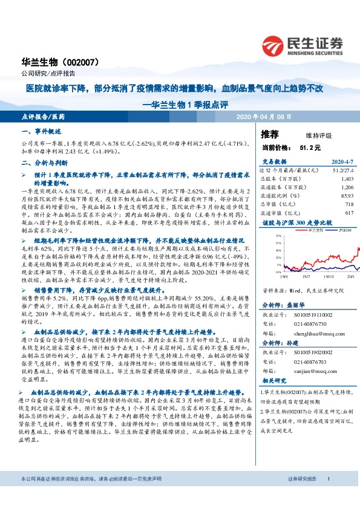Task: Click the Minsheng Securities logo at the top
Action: pos(302,44)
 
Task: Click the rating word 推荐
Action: pos(269,134)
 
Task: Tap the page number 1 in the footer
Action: pos(328,496)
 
